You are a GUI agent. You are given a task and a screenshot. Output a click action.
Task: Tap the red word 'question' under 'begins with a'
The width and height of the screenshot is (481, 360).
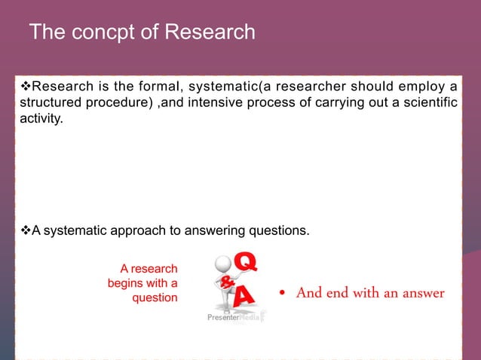point(155,297)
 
